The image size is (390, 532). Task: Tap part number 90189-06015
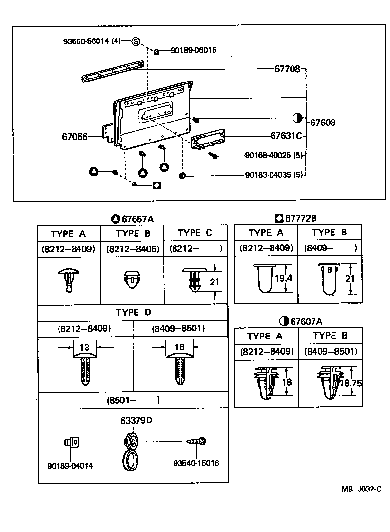194,50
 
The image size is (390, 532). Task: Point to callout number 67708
287,69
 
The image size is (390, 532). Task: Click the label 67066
75,136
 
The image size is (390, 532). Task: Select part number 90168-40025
274,155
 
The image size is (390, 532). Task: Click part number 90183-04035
274,175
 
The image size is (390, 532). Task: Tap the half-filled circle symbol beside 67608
297,118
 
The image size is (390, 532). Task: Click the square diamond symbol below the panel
157,185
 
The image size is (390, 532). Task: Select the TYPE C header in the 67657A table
195,233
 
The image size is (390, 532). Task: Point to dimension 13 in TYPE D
85,348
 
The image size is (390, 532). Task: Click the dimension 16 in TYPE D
179,348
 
